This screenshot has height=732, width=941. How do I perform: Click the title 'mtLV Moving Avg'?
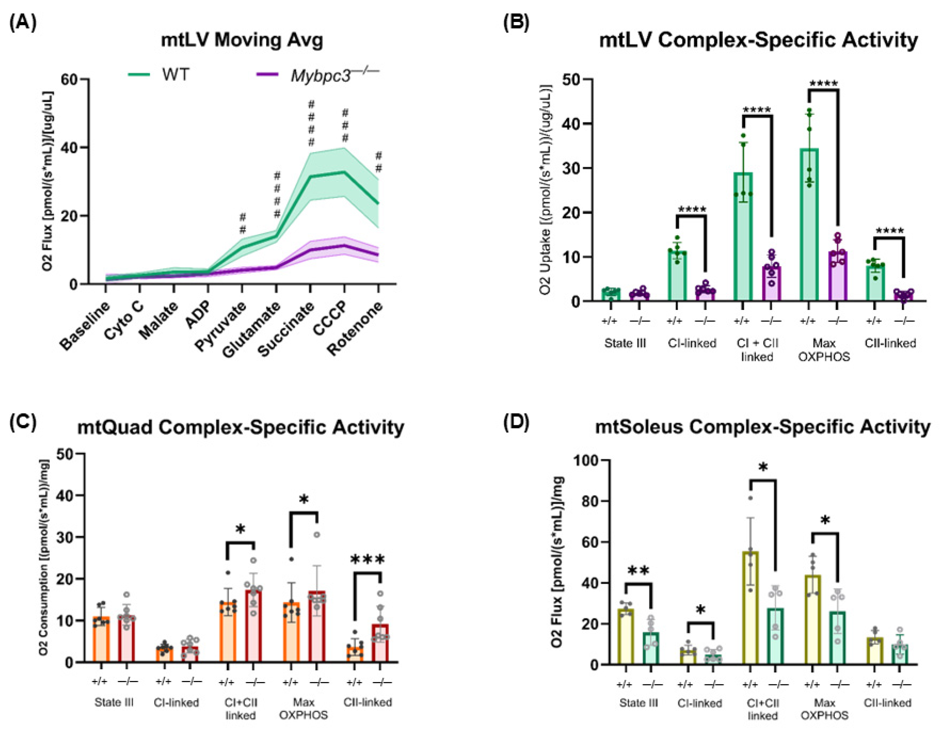[242, 41]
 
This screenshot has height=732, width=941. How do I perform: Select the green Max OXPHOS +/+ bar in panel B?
[809, 224]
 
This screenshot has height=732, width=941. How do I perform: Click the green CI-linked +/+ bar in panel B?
[677, 275]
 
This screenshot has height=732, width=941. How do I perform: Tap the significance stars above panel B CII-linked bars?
[890, 231]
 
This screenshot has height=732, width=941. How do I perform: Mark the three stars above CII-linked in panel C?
[368, 560]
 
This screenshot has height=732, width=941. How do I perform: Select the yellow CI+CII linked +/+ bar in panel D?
[751, 608]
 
